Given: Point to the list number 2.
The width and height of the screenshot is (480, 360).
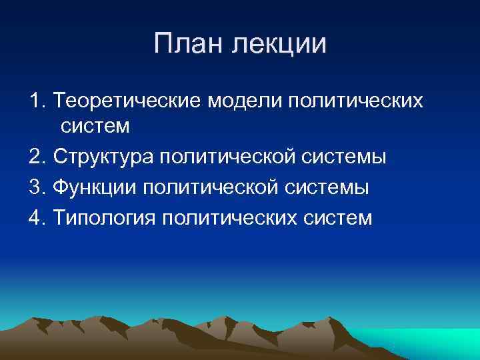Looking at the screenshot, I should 36,157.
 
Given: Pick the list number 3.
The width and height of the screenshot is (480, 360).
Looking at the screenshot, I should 36,187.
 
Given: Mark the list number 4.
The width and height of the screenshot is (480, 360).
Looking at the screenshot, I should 36,217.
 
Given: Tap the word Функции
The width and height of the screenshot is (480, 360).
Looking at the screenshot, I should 93,187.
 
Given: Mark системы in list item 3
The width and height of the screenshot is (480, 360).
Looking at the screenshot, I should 330,187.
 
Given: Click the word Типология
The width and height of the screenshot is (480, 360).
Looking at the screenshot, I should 102,217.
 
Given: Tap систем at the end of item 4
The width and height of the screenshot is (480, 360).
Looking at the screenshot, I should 340,217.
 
